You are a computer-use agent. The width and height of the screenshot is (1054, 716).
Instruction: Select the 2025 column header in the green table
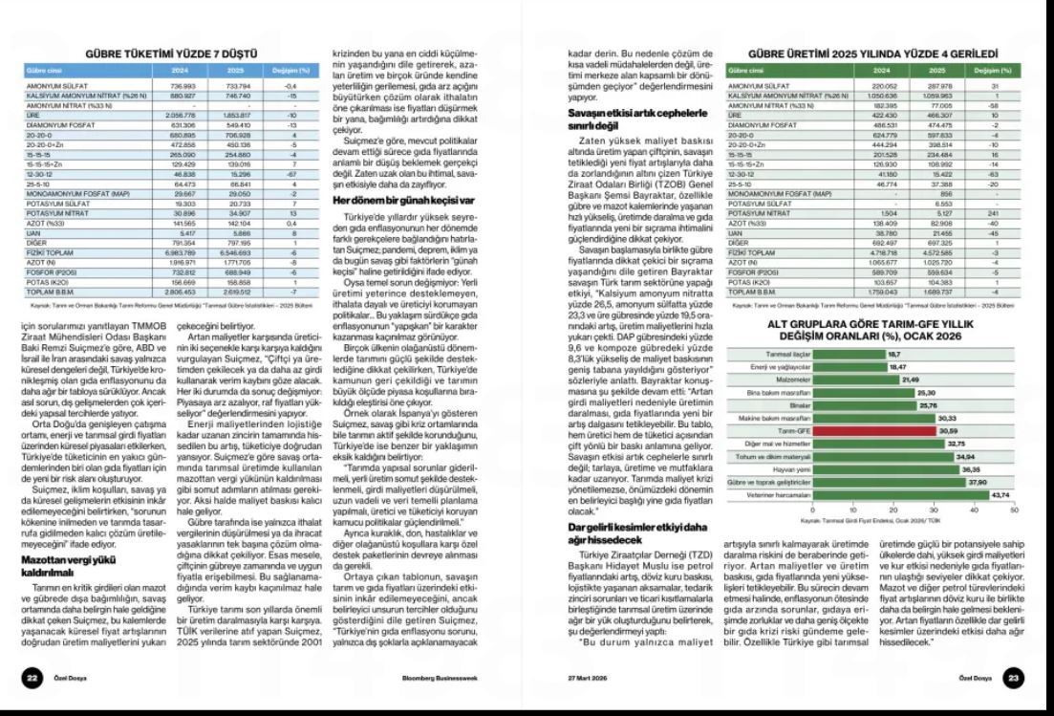point(936,70)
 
